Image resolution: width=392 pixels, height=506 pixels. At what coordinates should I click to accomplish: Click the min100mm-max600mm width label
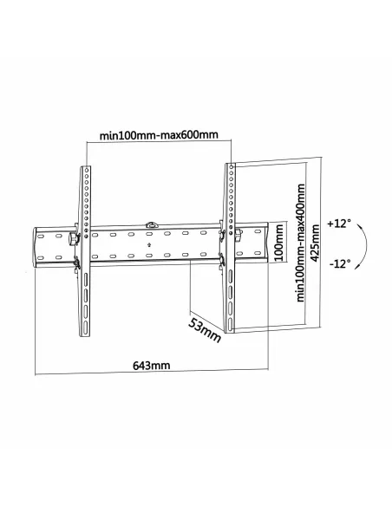[158, 134]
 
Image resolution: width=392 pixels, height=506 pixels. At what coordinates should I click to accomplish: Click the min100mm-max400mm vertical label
[298, 244]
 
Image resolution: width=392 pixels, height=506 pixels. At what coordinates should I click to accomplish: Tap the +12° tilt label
[340, 224]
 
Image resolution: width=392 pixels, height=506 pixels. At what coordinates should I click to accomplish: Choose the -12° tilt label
[340, 263]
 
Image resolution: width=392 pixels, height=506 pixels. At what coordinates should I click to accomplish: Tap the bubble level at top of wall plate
[154, 226]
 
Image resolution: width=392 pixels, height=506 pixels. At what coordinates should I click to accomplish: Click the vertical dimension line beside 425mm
[321, 243]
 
